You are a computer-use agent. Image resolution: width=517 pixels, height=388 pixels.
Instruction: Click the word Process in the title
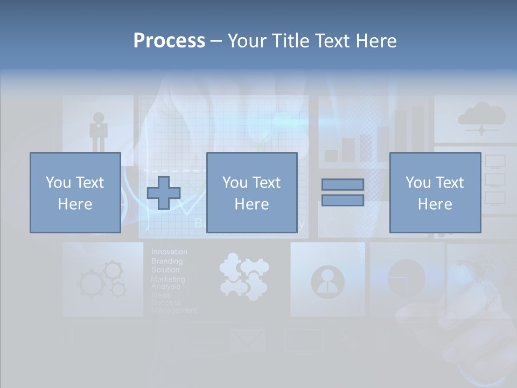coord(169,41)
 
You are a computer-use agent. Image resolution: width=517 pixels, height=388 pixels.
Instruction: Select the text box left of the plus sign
coord(75,192)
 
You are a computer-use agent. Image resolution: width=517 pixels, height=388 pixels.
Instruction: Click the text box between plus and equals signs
coord(251,192)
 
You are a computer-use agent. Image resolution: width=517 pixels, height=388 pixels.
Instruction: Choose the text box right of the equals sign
coord(435,192)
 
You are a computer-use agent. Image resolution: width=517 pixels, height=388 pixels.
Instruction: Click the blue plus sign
coord(164,193)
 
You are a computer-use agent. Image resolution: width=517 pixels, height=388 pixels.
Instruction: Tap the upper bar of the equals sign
coord(343,184)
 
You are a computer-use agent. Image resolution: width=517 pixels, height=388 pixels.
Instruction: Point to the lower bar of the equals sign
coord(343,200)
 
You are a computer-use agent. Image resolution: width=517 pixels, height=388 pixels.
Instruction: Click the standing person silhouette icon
coord(99,131)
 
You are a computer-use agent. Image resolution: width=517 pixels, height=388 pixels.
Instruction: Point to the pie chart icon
coord(406,278)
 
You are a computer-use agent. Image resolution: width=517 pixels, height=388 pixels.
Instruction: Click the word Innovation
coord(169,252)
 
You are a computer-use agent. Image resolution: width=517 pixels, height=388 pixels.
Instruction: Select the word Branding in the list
coord(166,261)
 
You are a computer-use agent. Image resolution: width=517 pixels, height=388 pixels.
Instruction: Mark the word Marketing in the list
coord(167,279)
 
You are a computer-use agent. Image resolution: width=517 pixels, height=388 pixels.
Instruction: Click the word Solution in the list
coord(165,269)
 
